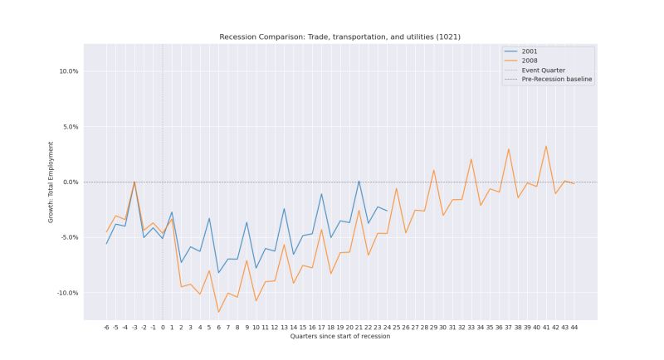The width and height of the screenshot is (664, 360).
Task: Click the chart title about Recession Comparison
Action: (339, 36)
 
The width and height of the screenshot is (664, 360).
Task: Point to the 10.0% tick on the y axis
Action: (68, 71)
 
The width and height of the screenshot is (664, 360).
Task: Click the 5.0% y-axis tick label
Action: (70, 127)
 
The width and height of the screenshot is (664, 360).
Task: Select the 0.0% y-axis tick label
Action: (70, 182)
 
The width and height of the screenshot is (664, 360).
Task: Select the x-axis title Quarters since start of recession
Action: (339, 337)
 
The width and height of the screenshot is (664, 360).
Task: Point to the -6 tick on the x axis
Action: (106, 328)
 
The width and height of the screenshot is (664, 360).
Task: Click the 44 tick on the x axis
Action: (574, 328)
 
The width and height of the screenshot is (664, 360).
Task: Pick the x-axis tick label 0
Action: (163, 328)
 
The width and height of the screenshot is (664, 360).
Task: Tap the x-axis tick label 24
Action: (387, 328)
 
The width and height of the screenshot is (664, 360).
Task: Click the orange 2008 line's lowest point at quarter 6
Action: (219, 313)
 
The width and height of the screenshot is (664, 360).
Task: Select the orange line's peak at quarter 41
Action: (546, 146)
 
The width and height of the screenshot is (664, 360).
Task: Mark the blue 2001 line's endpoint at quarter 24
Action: (387, 211)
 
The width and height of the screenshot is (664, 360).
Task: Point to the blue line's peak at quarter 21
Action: (359, 181)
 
